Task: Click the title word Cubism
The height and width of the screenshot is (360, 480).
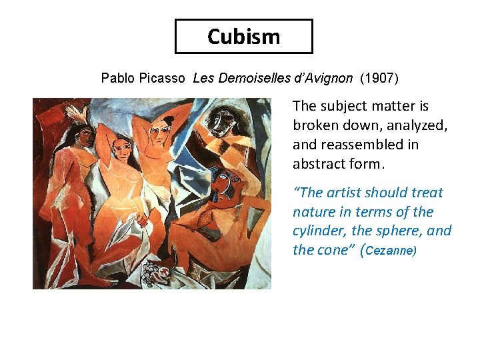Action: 243,36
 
